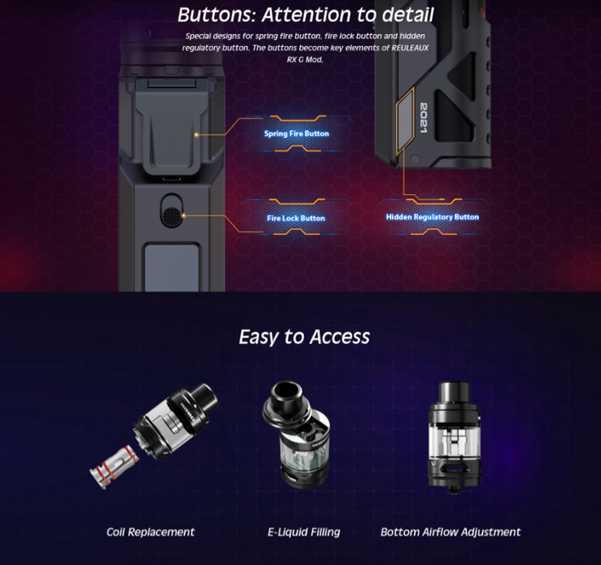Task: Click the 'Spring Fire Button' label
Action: pyautogui.click(x=296, y=134)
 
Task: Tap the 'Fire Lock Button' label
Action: pyautogui.click(x=296, y=218)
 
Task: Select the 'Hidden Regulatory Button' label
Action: pyautogui.click(x=433, y=217)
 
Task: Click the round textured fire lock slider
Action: pyautogui.click(x=171, y=216)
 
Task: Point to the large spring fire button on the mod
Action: pyautogui.click(x=171, y=122)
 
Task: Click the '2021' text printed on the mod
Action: pyautogui.click(x=424, y=118)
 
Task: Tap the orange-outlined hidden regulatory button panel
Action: pyautogui.click(x=406, y=121)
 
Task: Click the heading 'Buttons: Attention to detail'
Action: pyautogui.click(x=306, y=14)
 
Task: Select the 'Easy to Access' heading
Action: pyautogui.click(x=304, y=337)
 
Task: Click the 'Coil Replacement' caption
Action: pyautogui.click(x=150, y=532)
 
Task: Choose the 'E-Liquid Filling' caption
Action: pyautogui.click(x=304, y=532)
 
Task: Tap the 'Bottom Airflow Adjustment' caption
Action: pyautogui.click(x=450, y=532)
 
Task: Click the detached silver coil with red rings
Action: pyautogui.click(x=114, y=467)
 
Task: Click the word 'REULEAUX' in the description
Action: pyautogui.click(x=409, y=48)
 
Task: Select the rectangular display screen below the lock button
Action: pyautogui.click(x=172, y=267)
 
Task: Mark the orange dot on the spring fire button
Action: pyautogui.click(x=196, y=135)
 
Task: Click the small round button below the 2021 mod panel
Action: pyautogui.click(x=415, y=159)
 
